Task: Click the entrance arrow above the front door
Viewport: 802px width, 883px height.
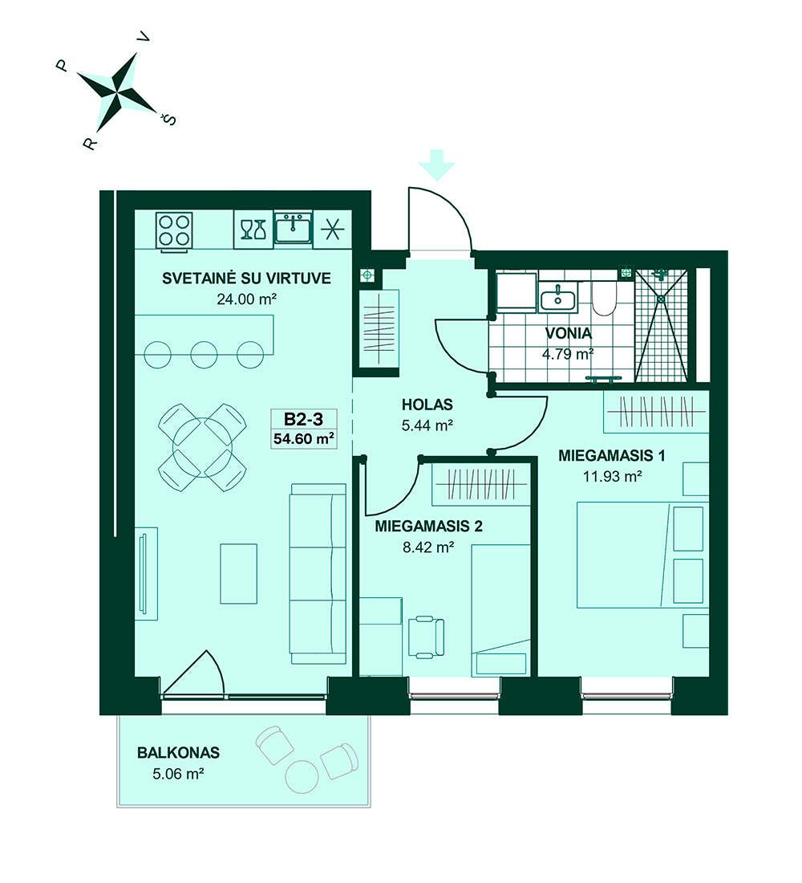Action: pyautogui.click(x=437, y=165)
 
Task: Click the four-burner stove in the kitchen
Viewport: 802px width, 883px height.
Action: pyautogui.click(x=174, y=230)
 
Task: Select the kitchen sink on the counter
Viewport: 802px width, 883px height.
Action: pyautogui.click(x=293, y=228)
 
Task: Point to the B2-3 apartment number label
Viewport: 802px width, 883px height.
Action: pyautogui.click(x=303, y=419)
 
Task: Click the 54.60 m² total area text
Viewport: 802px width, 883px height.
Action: pyautogui.click(x=304, y=438)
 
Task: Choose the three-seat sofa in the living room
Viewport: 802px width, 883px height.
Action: pyautogui.click(x=318, y=575)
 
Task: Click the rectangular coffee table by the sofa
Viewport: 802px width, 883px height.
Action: pyautogui.click(x=239, y=574)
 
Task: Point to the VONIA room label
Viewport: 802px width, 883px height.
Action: pyautogui.click(x=569, y=333)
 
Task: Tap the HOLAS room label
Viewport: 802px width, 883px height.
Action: pyautogui.click(x=427, y=405)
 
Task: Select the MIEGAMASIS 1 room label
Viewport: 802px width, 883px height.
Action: pyautogui.click(x=612, y=455)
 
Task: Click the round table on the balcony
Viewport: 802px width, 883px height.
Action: pyautogui.click(x=303, y=777)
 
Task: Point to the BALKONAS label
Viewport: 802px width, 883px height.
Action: pyautogui.click(x=178, y=752)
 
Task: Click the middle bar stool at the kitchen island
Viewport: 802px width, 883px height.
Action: pyautogui.click(x=205, y=355)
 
